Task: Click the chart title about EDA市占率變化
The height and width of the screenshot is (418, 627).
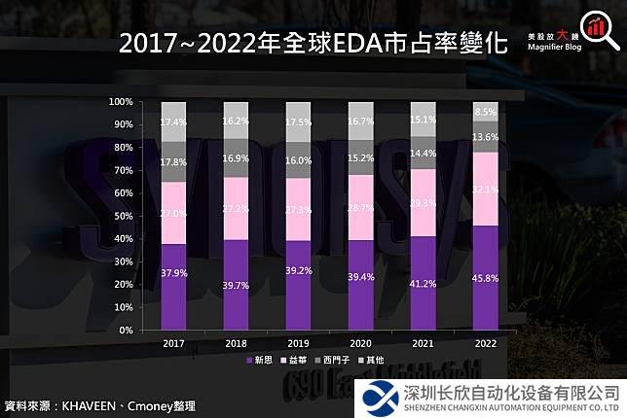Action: [313, 44]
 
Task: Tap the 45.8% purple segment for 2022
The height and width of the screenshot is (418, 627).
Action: [486, 278]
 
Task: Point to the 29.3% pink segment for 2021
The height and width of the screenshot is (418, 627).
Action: [423, 202]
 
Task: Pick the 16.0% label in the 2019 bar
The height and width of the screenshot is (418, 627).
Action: [298, 159]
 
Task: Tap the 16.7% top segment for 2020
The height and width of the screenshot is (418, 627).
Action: [360, 121]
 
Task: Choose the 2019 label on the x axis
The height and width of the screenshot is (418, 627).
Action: [298, 343]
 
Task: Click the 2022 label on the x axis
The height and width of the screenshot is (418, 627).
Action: [486, 343]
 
